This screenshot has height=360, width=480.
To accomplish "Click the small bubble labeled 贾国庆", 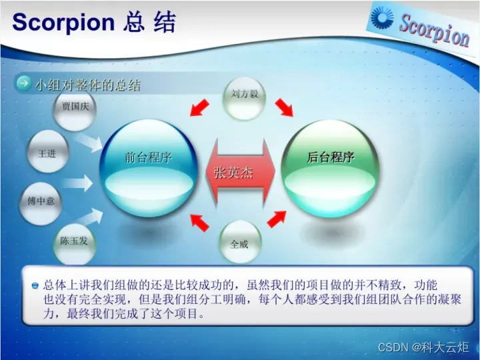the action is (75, 109).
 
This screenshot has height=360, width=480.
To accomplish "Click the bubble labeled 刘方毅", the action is (244, 98).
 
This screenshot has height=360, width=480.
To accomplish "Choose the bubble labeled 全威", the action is (240, 242).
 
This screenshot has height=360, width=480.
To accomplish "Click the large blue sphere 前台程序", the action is (149, 169).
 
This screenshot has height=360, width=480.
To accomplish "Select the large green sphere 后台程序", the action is (330, 169).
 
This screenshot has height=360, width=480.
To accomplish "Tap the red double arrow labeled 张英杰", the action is (240, 173).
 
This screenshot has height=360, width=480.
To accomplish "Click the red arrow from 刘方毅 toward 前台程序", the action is (199, 108).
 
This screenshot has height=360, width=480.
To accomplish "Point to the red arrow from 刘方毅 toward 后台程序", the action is (284, 108).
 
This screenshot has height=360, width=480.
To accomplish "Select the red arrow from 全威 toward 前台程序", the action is (199, 223).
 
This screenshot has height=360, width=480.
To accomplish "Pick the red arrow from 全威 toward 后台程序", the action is (277, 219).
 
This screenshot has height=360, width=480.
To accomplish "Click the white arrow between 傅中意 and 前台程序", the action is (77, 183).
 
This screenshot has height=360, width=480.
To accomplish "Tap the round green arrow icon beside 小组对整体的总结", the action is (24, 83).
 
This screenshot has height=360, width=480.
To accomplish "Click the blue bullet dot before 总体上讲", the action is (35, 285).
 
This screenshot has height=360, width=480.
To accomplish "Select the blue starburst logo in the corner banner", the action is (382, 17).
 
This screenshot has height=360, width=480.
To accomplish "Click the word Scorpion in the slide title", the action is (63, 22).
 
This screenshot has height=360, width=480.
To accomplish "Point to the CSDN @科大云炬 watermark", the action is (423, 347).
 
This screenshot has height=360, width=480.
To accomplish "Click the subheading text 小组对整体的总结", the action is (88, 85).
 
